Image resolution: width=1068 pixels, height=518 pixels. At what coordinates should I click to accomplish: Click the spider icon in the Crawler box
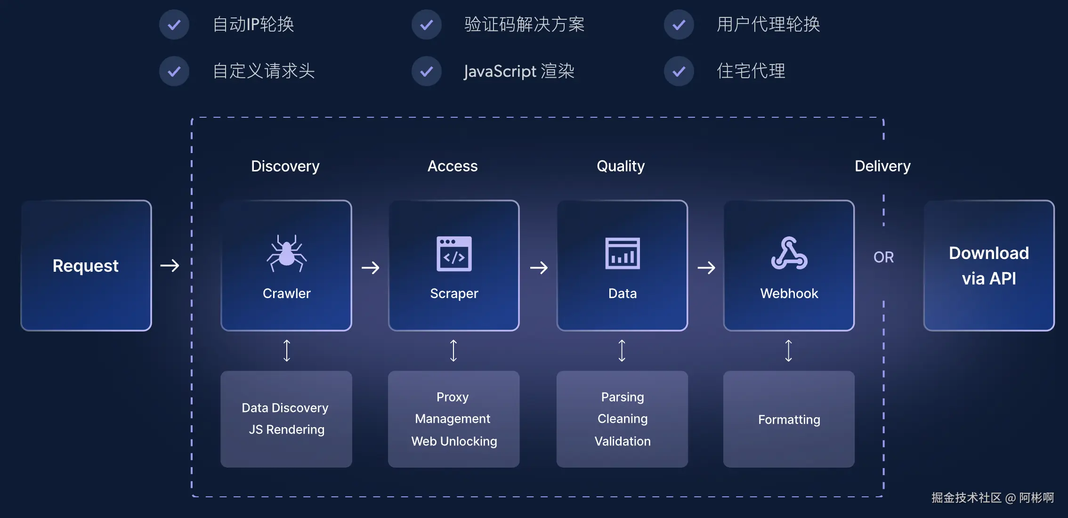(286, 254)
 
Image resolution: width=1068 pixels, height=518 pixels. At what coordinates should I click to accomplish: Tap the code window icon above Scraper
(454, 254)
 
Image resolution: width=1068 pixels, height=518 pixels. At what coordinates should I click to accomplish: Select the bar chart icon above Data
(622, 254)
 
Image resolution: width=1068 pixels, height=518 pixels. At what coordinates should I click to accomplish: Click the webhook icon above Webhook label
(789, 254)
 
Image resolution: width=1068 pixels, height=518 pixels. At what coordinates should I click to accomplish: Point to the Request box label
(86, 266)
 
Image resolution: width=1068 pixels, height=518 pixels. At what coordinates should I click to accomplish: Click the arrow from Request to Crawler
(170, 266)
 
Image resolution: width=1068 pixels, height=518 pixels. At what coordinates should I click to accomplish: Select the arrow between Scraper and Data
(539, 268)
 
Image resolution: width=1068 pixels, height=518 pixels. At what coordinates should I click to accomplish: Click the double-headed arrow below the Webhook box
(789, 351)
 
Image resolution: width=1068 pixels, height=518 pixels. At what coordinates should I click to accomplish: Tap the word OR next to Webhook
(883, 257)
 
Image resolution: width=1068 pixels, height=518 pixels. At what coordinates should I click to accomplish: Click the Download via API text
(988, 266)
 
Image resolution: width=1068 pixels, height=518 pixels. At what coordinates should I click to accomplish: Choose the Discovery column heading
(285, 166)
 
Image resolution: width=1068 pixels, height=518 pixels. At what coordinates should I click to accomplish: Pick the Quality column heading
(620, 166)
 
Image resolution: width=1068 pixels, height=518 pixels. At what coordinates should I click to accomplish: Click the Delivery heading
(882, 166)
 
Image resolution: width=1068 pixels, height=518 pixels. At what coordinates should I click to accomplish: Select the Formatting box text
(789, 420)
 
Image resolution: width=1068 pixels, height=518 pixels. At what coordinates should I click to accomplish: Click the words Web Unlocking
(454, 441)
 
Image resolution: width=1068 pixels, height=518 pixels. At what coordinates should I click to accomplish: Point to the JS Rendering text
(286, 429)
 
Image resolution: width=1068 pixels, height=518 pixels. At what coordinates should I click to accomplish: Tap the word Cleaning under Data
(622, 419)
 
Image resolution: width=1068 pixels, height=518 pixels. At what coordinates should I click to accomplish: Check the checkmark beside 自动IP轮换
(174, 24)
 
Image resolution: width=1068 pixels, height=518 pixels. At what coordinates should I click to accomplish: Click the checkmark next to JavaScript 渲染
(427, 71)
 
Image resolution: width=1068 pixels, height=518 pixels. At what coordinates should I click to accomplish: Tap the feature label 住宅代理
(751, 71)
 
